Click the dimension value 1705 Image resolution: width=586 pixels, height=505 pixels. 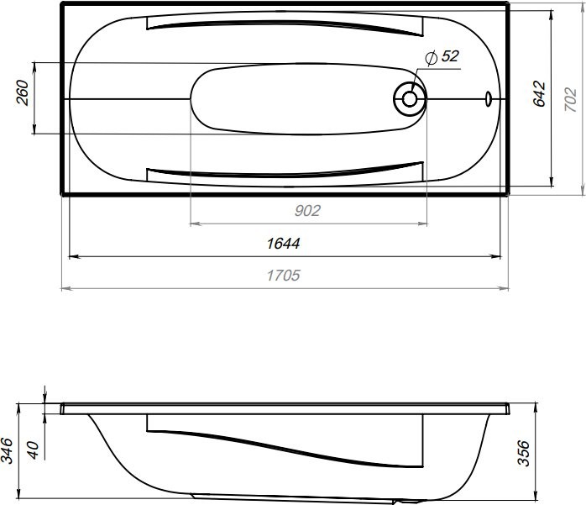[283, 276]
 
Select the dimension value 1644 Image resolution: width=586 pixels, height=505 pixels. [283, 244]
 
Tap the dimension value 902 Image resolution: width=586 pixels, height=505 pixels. [308, 211]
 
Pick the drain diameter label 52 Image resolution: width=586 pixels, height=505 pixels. [450, 56]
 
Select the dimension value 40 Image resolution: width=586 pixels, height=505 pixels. [34, 450]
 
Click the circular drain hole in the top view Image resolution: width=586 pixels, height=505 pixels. [410, 98]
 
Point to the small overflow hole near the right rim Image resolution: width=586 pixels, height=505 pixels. [488, 98]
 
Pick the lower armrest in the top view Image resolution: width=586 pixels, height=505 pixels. [285, 171]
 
